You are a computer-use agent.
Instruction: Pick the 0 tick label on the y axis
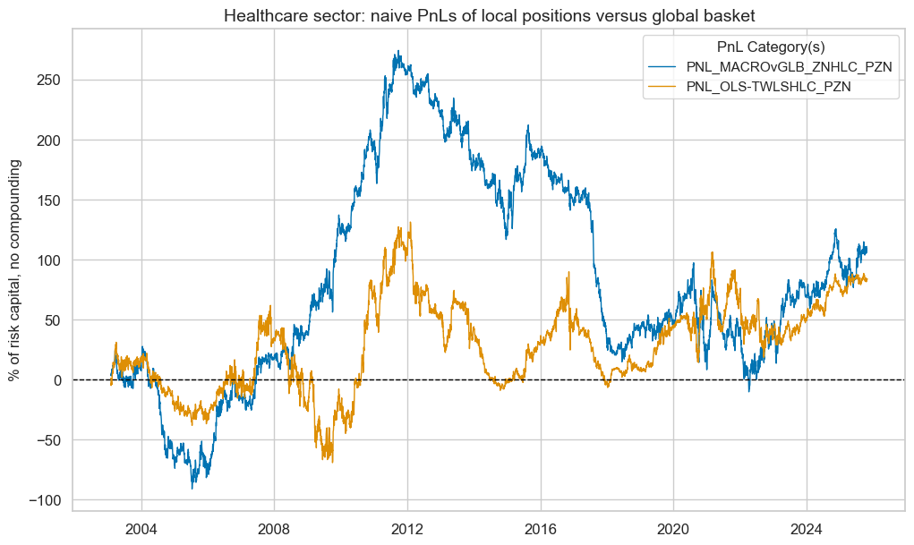[x=56, y=380]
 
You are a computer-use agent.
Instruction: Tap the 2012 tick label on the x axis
[x=407, y=528]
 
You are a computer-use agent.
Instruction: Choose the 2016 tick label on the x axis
[x=541, y=528]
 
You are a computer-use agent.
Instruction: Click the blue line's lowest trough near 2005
[x=192, y=488]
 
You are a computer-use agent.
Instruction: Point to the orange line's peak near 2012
[x=410, y=223]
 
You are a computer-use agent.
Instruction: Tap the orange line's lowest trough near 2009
[x=331, y=462]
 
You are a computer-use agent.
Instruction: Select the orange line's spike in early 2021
[x=713, y=252]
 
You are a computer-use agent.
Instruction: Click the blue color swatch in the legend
[x=672, y=68]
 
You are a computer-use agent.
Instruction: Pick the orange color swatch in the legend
[x=672, y=87]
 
